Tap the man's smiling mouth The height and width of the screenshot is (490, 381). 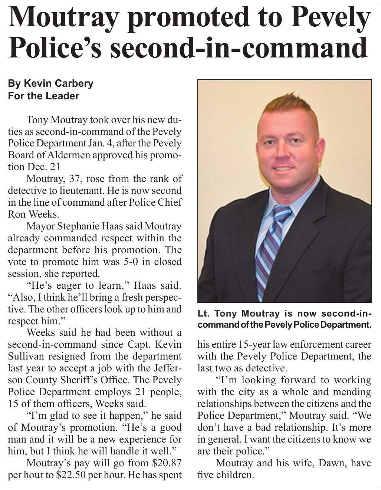click(x=284, y=168)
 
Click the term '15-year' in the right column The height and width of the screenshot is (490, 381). click(x=244, y=345)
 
